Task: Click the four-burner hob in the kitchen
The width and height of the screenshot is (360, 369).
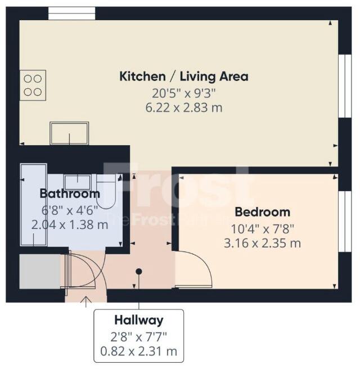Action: (x=33, y=85)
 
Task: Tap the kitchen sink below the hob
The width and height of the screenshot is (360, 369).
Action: (x=69, y=134)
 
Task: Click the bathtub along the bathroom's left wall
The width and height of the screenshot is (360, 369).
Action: (x=34, y=205)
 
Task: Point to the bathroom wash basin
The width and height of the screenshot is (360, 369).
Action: (x=78, y=182)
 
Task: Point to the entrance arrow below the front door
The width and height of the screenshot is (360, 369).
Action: (x=85, y=303)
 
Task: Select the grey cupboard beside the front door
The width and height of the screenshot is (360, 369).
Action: (x=39, y=272)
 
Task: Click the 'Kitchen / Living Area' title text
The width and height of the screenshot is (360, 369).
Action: (x=183, y=76)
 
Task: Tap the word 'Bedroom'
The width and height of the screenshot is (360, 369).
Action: (x=262, y=212)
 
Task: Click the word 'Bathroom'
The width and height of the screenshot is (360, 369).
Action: (x=69, y=193)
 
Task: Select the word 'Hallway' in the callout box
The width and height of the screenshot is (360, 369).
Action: (x=138, y=321)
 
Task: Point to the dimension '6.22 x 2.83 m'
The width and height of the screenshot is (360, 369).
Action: (x=183, y=107)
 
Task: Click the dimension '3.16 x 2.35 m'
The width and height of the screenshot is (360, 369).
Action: (x=262, y=243)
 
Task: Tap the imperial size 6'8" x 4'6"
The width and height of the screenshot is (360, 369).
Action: (x=70, y=209)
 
